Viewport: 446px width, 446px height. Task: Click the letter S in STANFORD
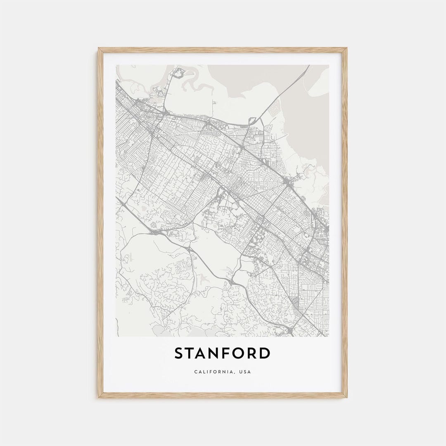(179, 353)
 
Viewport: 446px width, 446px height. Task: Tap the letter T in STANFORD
(191, 353)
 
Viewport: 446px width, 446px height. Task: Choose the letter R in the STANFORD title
(253, 353)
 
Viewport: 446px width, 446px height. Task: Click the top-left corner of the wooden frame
(99, 49)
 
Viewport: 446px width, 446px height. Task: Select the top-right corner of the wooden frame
(346, 49)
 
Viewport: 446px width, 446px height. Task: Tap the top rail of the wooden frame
(223, 50)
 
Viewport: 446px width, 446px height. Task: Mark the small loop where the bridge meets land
(252, 121)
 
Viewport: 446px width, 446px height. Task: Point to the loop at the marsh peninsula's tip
(178, 74)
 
